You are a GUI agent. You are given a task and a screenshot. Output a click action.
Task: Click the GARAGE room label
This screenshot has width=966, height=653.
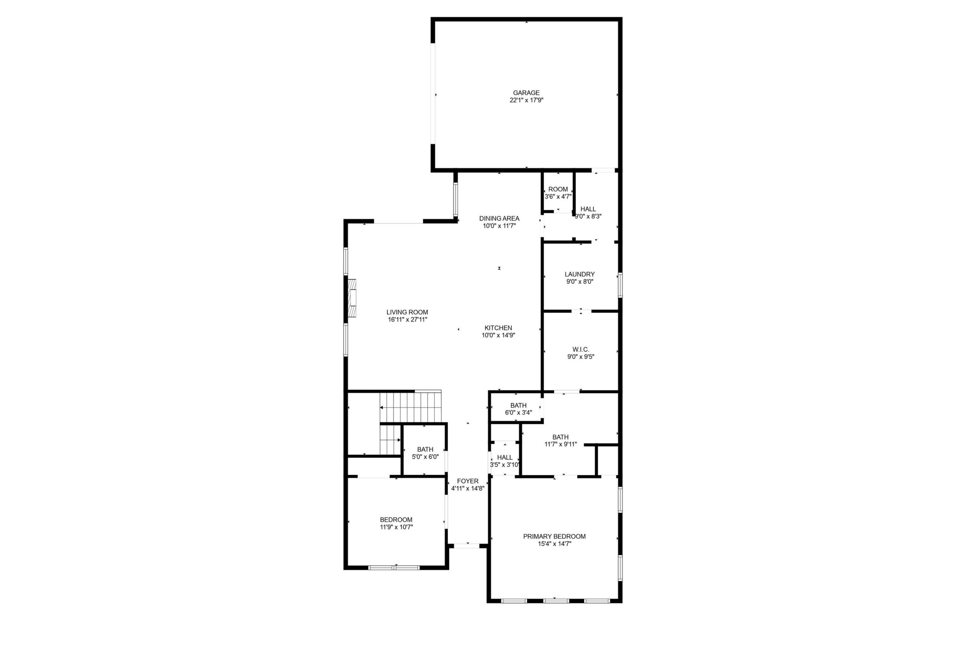pos(526,93)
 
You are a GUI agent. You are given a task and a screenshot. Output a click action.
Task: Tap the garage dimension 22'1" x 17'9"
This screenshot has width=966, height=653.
pos(526,100)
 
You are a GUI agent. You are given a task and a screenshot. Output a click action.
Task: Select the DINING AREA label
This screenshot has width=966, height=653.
pos(499,218)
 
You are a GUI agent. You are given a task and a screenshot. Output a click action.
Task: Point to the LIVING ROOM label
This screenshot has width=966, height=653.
pos(407,312)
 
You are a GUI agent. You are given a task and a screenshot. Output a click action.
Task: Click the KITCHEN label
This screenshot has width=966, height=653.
pos(498,328)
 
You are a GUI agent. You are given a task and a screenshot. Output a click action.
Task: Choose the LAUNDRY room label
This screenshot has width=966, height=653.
pos(580,274)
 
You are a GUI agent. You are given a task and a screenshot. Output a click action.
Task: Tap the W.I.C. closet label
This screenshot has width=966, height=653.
pos(581,350)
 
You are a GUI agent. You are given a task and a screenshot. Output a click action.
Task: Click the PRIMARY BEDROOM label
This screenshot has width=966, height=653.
pos(554,537)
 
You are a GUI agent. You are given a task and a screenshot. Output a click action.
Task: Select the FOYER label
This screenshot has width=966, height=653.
pos(468,481)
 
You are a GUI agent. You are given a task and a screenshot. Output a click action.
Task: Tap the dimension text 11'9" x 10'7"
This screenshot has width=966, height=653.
pos(396,527)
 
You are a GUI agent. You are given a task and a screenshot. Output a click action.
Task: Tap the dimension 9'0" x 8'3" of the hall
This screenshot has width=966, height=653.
pos(588,217)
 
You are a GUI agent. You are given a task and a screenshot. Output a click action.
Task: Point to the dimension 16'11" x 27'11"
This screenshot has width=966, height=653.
pos(408,320)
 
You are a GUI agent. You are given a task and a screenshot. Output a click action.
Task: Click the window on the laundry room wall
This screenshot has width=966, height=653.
pos(620,285)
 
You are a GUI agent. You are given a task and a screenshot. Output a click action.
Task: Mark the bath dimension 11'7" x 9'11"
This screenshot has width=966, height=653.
pos(560,444)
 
